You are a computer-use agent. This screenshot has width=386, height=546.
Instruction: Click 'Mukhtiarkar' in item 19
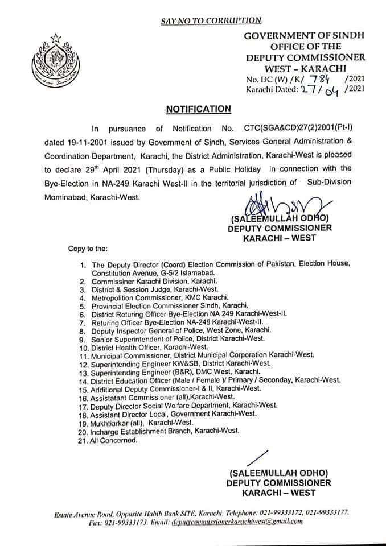pos(114,424)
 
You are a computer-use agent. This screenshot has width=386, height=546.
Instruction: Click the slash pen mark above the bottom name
pos(260,458)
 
